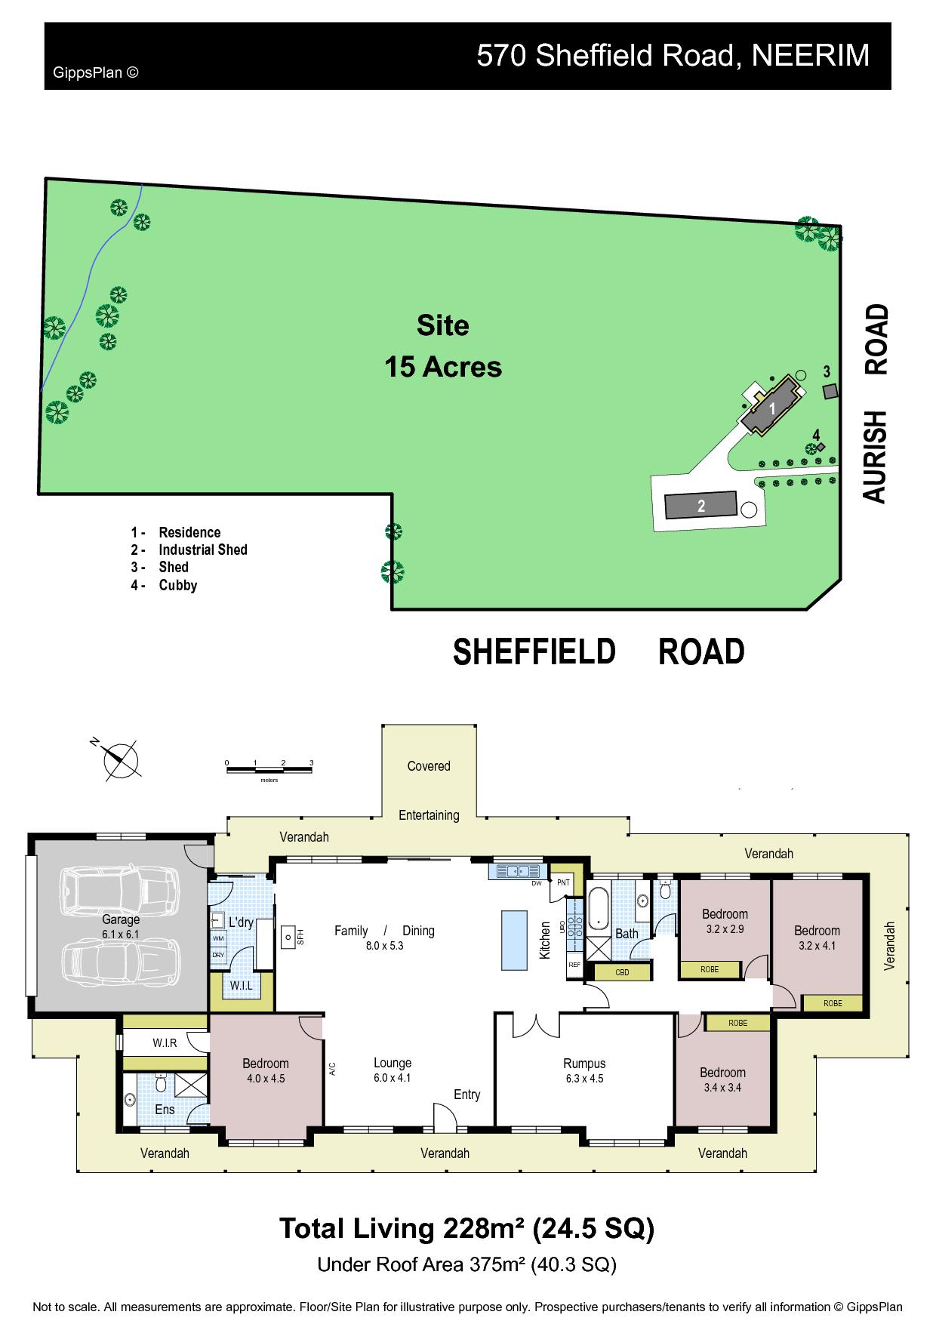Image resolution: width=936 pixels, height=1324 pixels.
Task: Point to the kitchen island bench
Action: pyautogui.click(x=514, y=940)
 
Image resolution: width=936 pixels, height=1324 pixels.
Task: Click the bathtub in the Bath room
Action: pyautogui.click(x=598, y=910)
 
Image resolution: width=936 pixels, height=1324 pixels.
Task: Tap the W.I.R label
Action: pyautogui.click(x=165, y=1043)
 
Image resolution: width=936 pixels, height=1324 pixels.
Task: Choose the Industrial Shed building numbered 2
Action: pyautogui.click(x=700, y=505)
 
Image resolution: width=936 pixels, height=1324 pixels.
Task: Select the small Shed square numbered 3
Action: pyautogui.click(x=830, y=391)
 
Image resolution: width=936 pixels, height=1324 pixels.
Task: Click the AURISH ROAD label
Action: pyautogui.click(x=876, y=404)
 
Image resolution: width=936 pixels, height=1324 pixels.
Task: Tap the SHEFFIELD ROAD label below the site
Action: pyautogui.click(x=599, y=651)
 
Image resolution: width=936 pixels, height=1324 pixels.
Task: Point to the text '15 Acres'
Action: pyautogui.click(x=443, y=367)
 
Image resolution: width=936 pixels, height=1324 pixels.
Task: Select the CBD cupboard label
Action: pyautogui.click(x=623, y=972)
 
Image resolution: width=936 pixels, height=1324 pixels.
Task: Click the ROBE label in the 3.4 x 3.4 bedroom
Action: pyautogui.click(x=737, y=1023)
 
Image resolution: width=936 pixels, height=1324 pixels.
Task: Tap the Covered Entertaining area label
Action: pyautogui.click(x=429, y=790)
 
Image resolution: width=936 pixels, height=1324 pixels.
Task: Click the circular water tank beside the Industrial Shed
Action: pyautogui.click(x=748, y=509)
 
